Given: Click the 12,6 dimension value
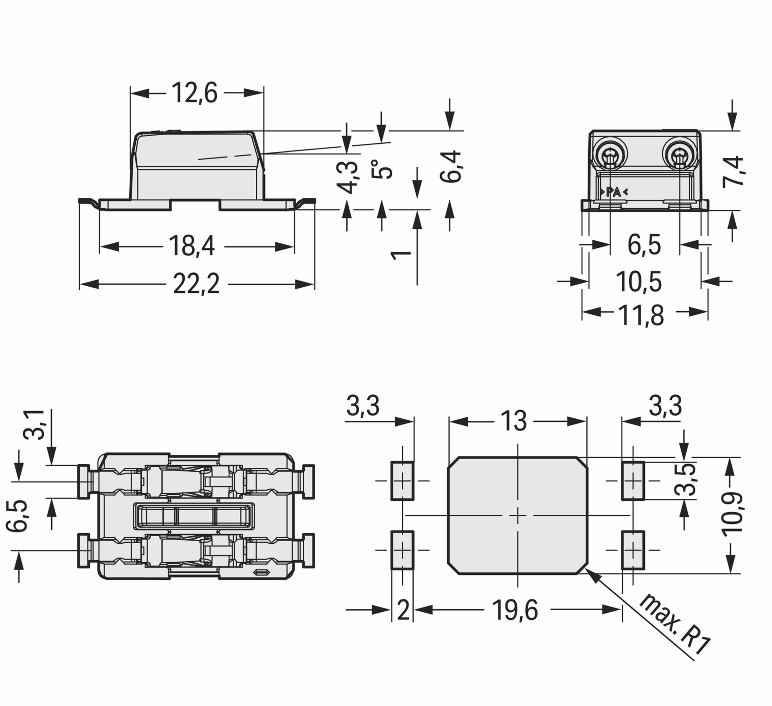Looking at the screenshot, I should (194, 93).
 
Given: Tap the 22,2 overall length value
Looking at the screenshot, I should (197, 284).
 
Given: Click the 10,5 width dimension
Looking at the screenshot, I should (639, 282).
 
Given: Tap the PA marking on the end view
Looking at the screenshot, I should (613, 192).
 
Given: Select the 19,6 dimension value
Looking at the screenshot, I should (515, 610).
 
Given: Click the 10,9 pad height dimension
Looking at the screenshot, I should (732, 513).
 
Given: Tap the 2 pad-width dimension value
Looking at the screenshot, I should (403, 610).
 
